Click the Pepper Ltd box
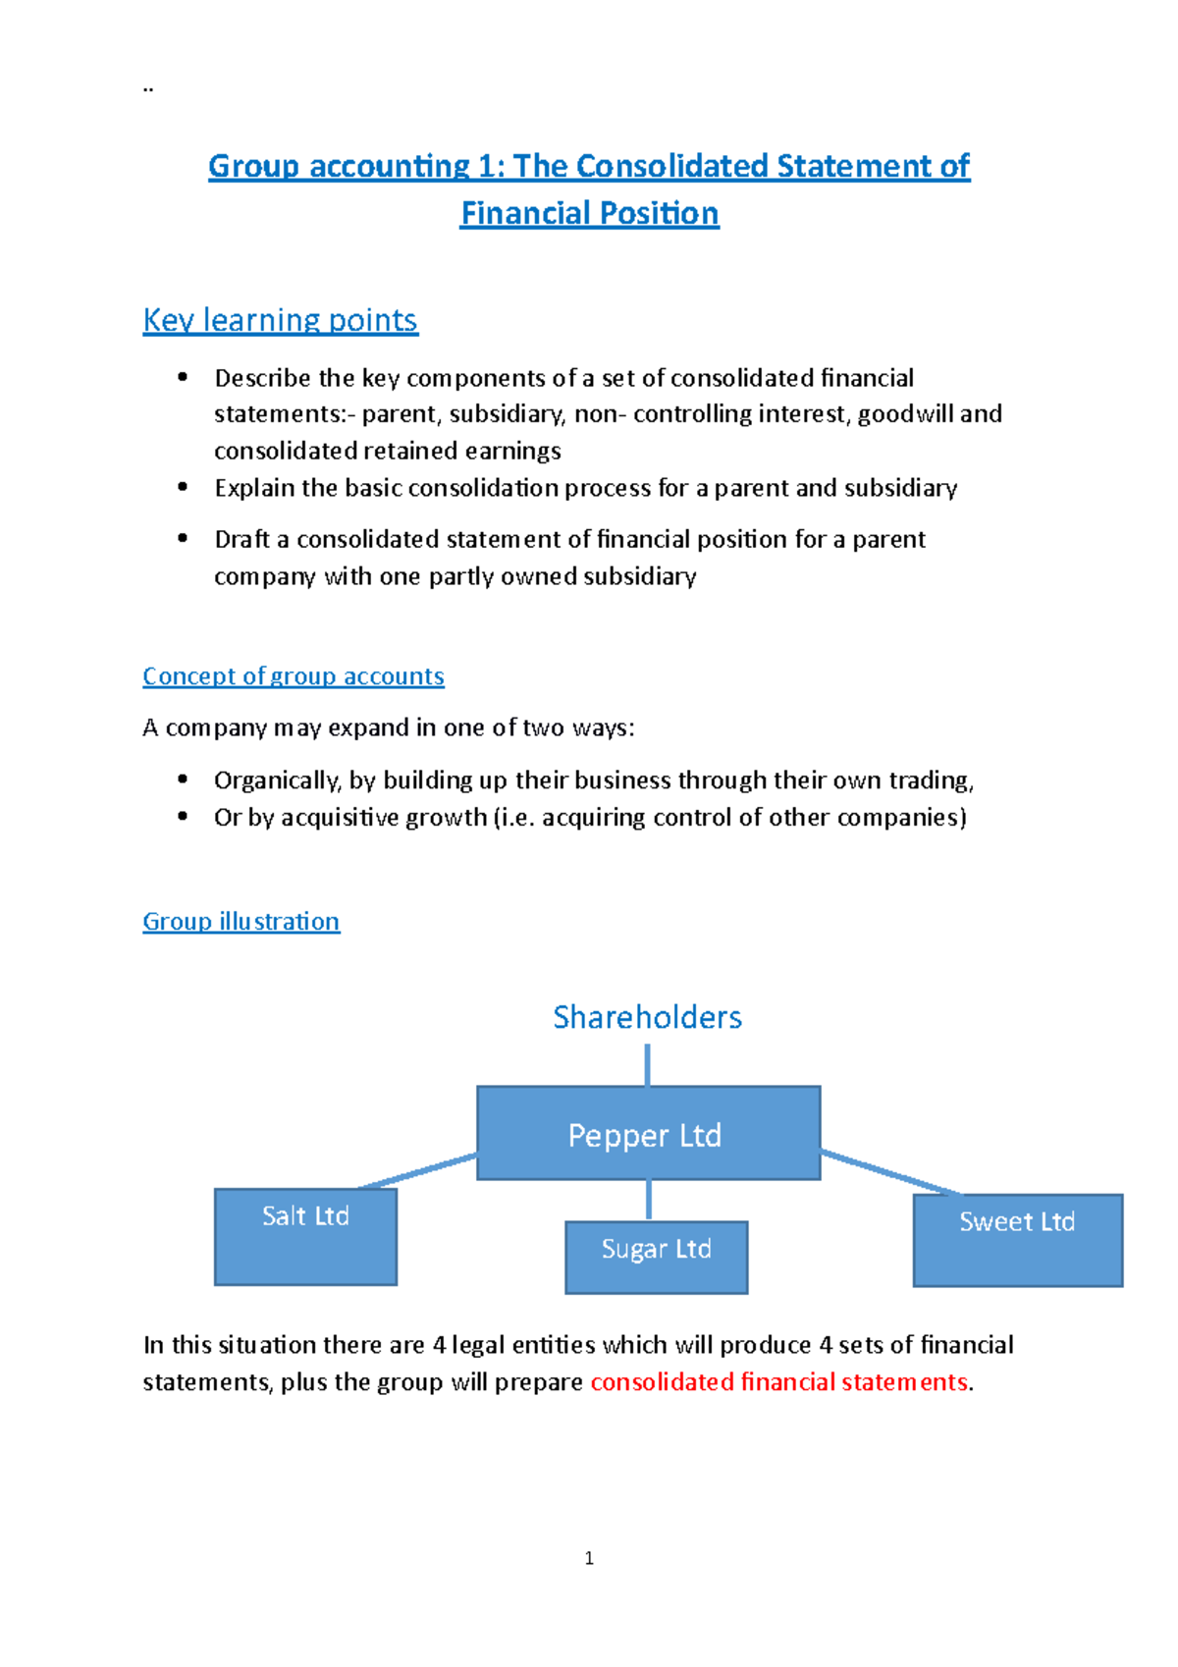point(648,1133)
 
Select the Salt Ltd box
point(305,1236)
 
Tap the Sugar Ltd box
point(656,1257)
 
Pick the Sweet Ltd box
point(1017,1240)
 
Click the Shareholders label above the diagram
point(647,1017)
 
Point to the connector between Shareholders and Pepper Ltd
point(647,1064)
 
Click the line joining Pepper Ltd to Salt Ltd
point(417,1171)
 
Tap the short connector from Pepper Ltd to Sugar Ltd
point(649,1200)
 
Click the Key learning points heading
point(280,320)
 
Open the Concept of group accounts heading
point(293,676)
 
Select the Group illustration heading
point(241,922)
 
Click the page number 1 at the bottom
point(589,1558)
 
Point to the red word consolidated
point(662,1382)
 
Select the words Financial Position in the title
point(589,214)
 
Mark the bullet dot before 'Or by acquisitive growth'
point(183,816)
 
